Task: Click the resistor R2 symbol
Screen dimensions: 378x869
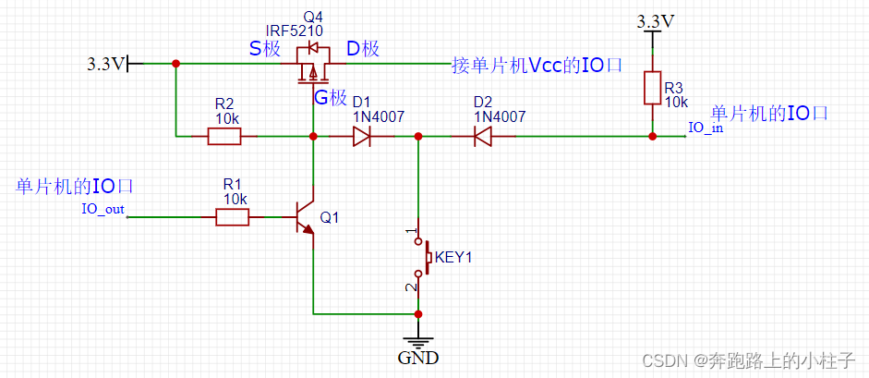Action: (224, 137)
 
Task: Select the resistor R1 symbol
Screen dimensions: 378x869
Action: (232, 217)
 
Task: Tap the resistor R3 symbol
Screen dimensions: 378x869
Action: (653, 90)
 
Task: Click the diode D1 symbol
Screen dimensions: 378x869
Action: (362, 137)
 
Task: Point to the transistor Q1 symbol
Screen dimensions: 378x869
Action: (304, 218)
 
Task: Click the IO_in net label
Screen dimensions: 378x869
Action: (706, 128)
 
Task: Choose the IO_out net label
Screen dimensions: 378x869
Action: (103, 209)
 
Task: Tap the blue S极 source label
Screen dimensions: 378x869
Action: (264, 49)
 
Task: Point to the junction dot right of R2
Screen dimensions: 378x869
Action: (314, 137)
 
